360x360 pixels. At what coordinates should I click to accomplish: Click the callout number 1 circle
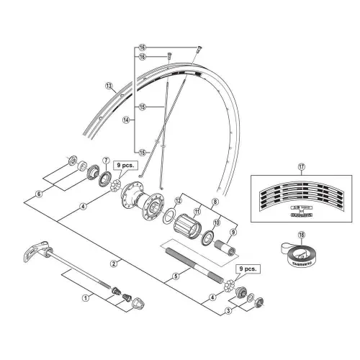point(85,296)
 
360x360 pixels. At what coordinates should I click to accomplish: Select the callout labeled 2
point(114,263)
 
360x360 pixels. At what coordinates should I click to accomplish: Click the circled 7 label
point(106,160)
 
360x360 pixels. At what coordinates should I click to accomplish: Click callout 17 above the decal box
point(302,166)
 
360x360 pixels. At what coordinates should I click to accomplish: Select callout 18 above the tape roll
point(302,234)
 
